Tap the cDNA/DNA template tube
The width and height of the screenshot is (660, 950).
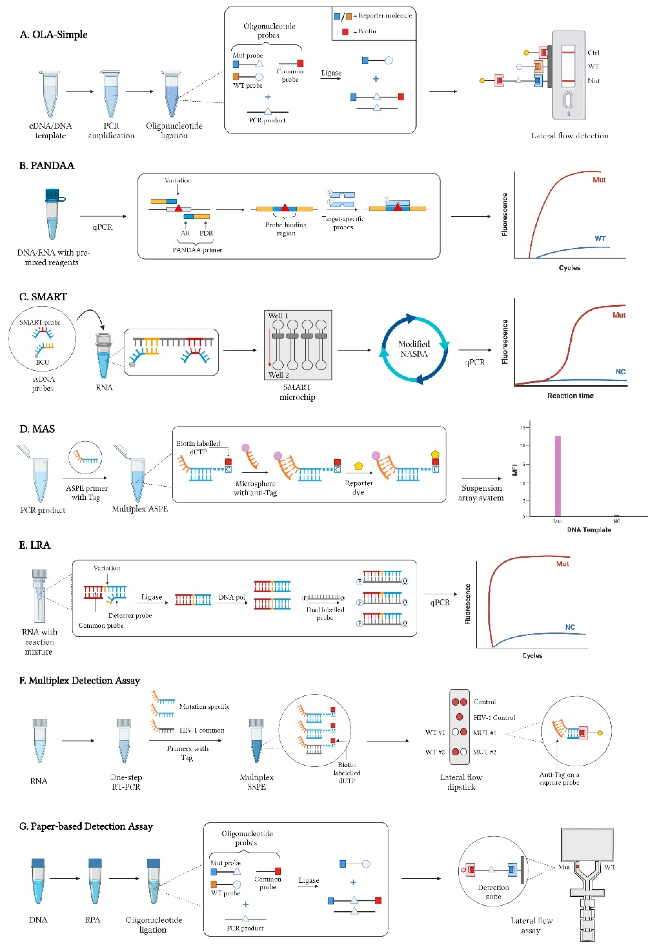[50, 94]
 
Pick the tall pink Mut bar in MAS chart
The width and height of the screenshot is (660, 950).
[557, 476]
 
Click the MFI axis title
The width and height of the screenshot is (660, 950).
[515, 470]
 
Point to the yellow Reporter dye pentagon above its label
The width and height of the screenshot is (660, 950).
[358, 466]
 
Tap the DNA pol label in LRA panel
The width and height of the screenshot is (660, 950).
[232, 597]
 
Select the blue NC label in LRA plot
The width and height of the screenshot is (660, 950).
[570, 627]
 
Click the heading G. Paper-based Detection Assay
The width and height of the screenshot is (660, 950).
[86, 826]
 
